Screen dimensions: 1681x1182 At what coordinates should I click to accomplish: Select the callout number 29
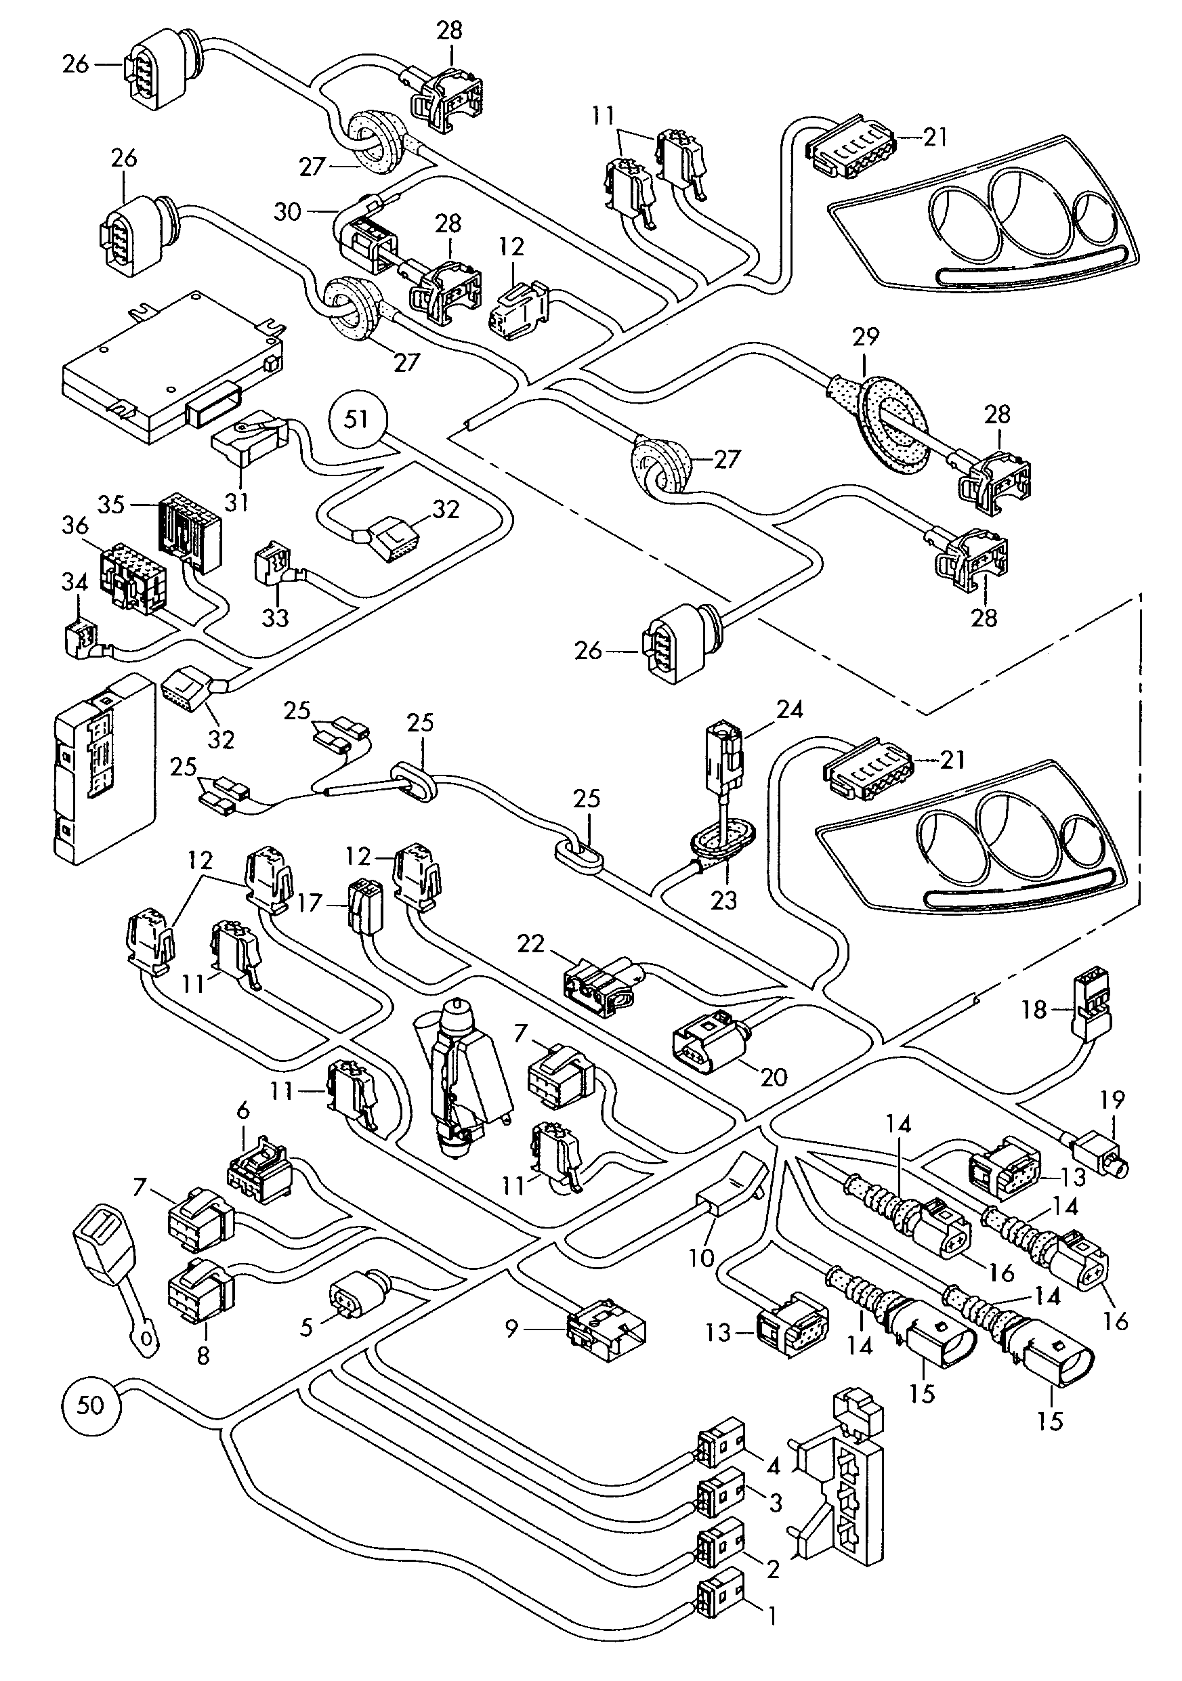coord(865,338)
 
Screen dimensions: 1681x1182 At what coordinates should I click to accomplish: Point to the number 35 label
coord(111,505)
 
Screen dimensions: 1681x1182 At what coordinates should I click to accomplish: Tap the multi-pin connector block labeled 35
coord(187,528)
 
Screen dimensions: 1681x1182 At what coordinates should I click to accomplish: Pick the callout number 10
coord(702,1258)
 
